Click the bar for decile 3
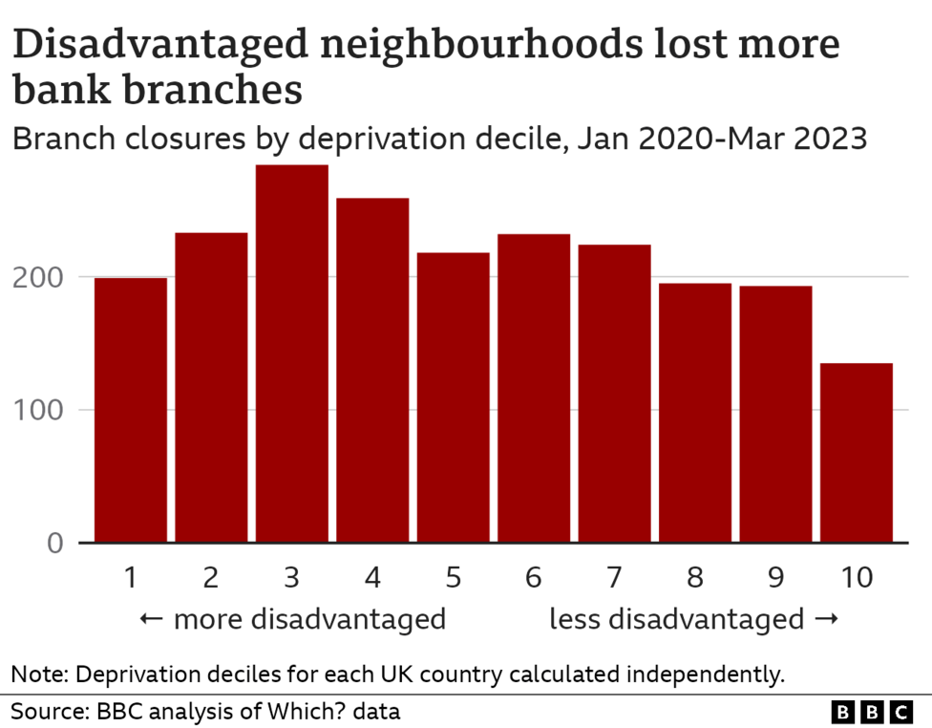(x=292, y=353)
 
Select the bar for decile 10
(x=857, y=453)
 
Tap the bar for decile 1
(x=131, y=410)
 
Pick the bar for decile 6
(x=534, y=388)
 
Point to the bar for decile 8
(x=695, y=413)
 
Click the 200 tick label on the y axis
(x=37, y=278)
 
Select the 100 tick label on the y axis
(x=37, y=411)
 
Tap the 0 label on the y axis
(x=54, y=544)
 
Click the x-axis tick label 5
(x=453, y=577)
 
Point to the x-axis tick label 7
(x=614, y=577)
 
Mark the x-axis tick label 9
(x=775, y=577)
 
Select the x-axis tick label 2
(x=211, y=577)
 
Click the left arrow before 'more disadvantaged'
(x=151, y=619)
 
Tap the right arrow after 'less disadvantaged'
(x=827, y=619)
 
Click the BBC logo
(x=872, y=712)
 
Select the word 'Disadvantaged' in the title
(x=148, y=47)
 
